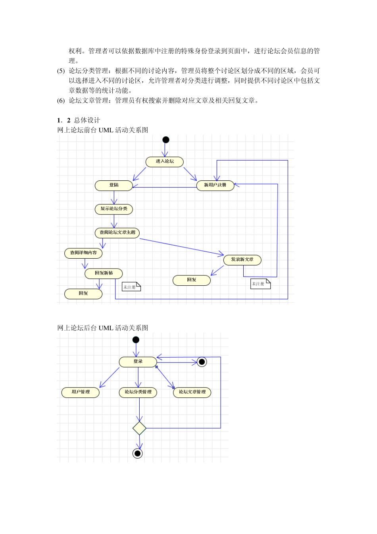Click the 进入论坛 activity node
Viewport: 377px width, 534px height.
(x=165, y=162)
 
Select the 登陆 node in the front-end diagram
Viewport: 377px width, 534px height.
(x=114, y=186)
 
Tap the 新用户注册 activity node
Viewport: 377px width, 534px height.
(x=215, y=186)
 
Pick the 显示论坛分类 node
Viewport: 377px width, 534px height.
(x=114, y=209)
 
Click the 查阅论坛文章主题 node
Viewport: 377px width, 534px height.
(x=117, y=233)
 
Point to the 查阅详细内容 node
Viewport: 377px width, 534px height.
(x=83, y=253)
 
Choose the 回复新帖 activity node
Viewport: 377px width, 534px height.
(x=104, y=273)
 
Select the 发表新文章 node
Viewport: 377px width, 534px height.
(x=242, y=260)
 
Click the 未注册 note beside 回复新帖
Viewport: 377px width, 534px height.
(x=131, y=286)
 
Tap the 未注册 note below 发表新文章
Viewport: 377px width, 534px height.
(x=260, y=284)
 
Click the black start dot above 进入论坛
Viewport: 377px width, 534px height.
(x=166, y=139)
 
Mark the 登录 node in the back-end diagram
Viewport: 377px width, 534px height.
(x=138, y=362)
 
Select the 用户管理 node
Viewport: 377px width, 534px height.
(x=81, y=392)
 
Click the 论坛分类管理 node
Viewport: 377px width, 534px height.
(x=138, y=392)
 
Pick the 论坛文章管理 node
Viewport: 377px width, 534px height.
(x=192, y=392)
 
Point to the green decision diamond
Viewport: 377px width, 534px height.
(x=139, y=428)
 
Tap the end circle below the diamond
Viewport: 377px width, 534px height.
(x=138, y=453)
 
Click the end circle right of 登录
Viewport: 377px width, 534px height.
(x=202, y=362)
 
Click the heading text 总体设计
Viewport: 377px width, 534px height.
(x=87, y=120)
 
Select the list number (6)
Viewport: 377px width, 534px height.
(x=61, y=101)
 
